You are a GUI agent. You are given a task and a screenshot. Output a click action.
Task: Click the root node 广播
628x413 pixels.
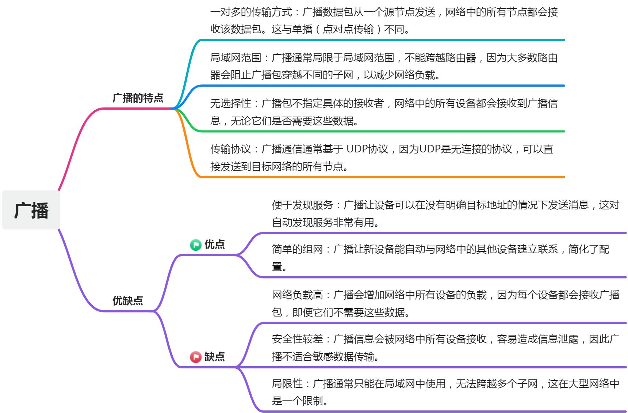pyautogui.click(x=31, y=211)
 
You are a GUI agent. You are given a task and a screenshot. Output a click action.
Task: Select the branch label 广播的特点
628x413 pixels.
pyautogui.click(x=138, y=98)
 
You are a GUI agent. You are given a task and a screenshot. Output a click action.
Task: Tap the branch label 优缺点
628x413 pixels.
pyautogui.click(x=127, y=300)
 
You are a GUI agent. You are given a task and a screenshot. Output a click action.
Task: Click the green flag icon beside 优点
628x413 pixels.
pyautogui.click(x=196, y=245)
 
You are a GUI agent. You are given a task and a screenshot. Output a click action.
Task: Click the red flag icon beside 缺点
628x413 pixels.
pyautogui.click(x=196, y=357)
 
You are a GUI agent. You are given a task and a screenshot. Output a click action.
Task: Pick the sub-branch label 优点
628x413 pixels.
pyautogui.click(x=215, y=244)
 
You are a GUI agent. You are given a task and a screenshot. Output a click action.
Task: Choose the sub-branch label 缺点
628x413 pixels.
pyautogui.click(x=215, y=356)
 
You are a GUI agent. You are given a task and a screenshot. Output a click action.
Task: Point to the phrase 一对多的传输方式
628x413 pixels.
pyautogui.click(x=251, y=12)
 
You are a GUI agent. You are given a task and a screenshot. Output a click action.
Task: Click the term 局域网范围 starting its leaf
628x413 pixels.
pyautogui.click(x=235, y=58)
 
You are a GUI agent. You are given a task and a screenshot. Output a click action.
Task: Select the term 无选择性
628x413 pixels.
pyautogui.click(x=230, y=103)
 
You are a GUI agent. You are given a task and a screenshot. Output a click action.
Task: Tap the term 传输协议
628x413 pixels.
pyautogui.click(x=230, y=149)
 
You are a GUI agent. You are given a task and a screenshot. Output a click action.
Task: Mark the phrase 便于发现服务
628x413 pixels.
pyautogui.click(x=302, y=205)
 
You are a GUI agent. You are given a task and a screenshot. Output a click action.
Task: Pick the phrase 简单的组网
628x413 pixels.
pyautogui.click(x=297, y=249)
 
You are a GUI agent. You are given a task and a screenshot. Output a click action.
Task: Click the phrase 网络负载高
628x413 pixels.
pyautogui.click(x=297, y=295)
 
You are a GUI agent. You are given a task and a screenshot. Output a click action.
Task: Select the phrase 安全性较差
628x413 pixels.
pyautogui.click(x=297, y=339)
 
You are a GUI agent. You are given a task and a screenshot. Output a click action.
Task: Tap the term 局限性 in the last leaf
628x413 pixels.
pyautogui.click(x=287, y=383)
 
